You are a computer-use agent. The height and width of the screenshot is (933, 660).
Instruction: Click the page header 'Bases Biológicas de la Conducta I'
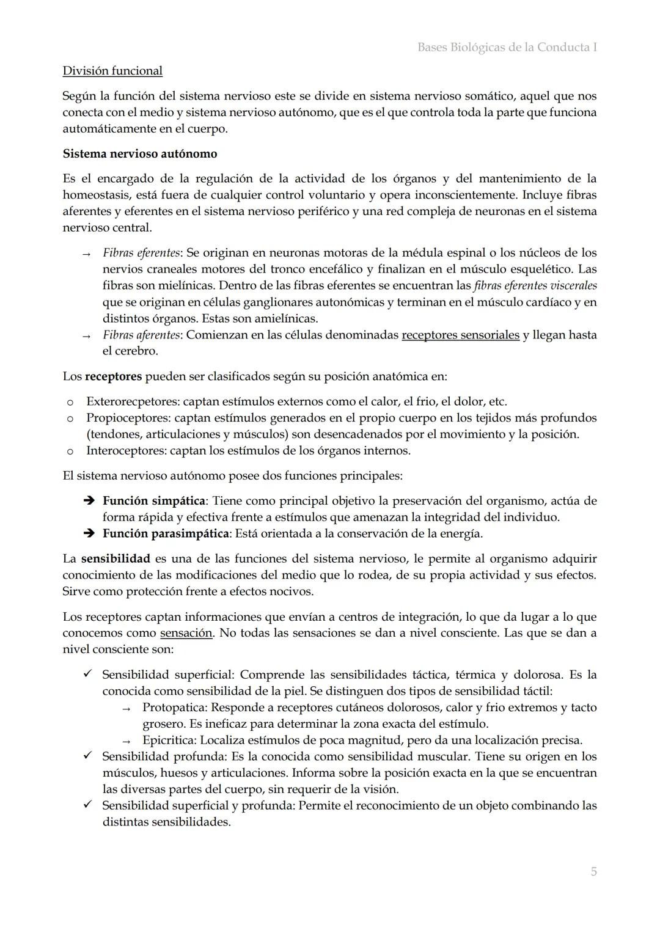coord(507,47)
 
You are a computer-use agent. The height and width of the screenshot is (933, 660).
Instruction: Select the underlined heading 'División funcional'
coord(112,71)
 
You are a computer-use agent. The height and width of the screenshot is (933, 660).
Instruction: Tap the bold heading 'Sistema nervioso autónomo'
coord(140,154)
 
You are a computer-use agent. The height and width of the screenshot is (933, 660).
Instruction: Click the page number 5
coord(593,872)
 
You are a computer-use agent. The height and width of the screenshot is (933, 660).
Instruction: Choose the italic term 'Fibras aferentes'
coord(141,335)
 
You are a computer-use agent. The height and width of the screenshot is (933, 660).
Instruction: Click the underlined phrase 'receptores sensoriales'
coord(460,335)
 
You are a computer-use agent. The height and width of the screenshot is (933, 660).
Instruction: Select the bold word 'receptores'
coord(113,376)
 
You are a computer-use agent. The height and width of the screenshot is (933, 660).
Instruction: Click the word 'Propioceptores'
coord(127,419)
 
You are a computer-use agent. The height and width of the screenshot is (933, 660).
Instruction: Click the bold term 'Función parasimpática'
coord(166,533)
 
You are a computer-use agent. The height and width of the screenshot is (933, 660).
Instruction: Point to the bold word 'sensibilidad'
coord(116,558)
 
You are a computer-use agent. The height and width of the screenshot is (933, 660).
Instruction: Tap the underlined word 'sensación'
coord(186,633)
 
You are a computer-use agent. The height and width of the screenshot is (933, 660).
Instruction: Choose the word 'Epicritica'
coord(167,741)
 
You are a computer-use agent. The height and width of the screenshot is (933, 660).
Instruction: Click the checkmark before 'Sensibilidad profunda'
coord(87,756)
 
